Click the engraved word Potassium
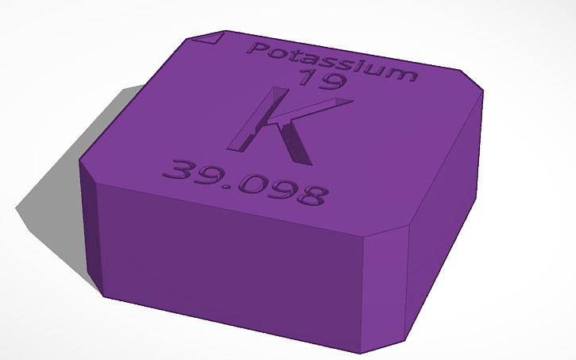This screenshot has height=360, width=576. coord(332,61)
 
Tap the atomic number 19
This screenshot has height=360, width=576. coord(321,80)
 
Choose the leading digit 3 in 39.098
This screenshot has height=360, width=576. coord(176,169)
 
